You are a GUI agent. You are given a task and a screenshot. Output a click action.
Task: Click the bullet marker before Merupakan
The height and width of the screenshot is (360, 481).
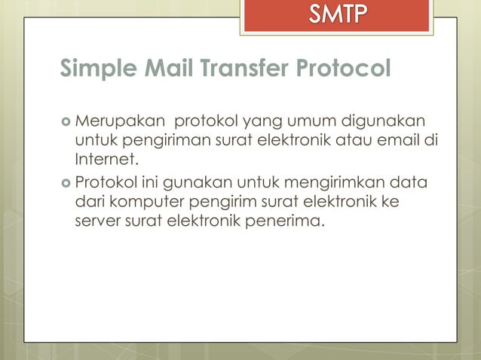(65, 122)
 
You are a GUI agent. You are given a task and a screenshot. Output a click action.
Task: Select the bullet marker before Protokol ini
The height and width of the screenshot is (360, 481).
(65, 184)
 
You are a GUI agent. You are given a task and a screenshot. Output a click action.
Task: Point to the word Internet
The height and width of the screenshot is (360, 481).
(107, 159)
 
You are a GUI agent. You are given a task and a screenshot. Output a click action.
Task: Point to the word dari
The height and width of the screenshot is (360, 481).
(89, 203)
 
